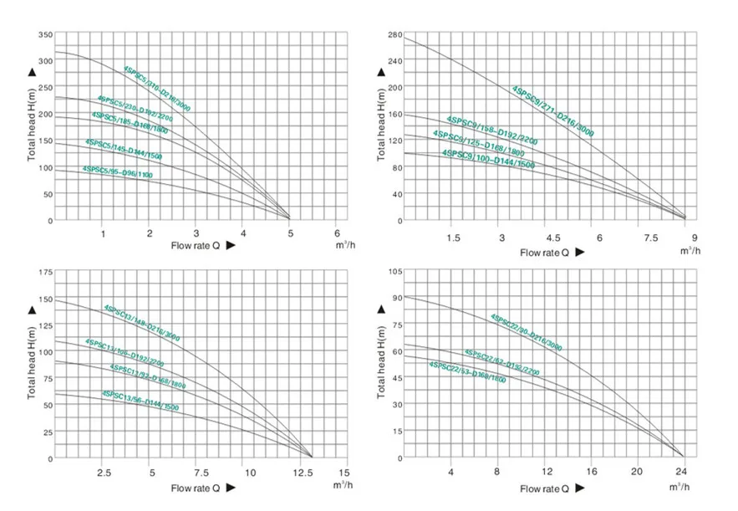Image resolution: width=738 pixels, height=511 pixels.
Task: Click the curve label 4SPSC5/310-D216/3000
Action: [x=159, y=87]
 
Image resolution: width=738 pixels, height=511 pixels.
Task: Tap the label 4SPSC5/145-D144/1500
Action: [x=123, y=150]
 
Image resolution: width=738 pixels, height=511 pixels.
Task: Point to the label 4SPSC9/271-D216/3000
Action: [x=553, y=110]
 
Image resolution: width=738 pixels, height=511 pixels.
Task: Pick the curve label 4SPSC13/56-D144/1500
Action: [x=140, y=401]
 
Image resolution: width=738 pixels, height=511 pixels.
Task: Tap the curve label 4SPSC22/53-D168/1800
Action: [x=467, y=372]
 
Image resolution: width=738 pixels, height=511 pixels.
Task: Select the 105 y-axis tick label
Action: [x=396, y=273]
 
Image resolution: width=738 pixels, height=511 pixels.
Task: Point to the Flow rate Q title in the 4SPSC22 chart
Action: [x=545, y=488]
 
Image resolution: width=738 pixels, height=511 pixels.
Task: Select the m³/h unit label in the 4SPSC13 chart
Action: [x=341, y=485]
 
